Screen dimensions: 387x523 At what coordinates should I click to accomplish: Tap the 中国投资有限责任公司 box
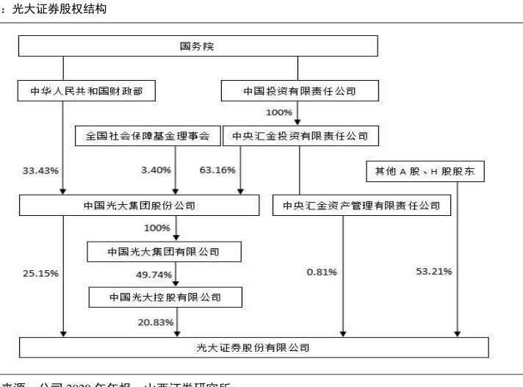tap(300, 92)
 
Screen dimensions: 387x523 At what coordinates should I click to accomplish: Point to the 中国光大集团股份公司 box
tap(139, 206)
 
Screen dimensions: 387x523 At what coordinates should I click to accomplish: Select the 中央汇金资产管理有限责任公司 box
tap(361, 206)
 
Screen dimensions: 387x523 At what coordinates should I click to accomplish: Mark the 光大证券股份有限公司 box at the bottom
tap(253, 347)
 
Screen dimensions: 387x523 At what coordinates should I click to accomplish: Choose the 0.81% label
tap(322, 272)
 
